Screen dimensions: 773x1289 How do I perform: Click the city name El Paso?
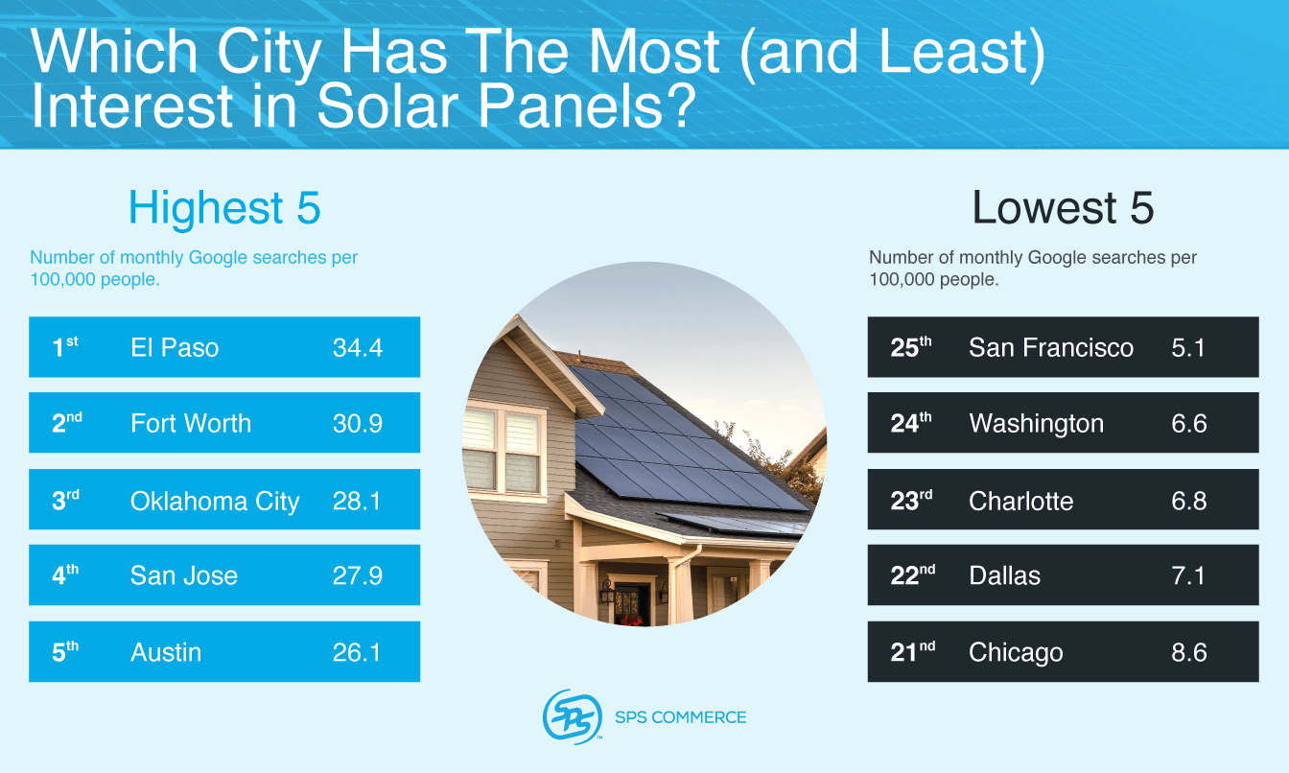(x=175, y=347)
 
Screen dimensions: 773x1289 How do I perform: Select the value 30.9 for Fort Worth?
(x=357, y=423)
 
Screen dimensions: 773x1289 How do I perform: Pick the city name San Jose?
(x=184, y=575)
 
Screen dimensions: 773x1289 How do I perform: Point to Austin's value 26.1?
(x=357, y=652)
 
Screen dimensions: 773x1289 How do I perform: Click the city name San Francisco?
(x=1051, y=347)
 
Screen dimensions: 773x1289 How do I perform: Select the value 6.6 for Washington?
(x=1188, y=423)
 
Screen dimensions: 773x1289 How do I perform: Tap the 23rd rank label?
(x=910, y=500)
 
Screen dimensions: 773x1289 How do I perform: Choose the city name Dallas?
(x=1004, y=575)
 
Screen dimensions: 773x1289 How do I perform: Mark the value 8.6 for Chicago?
(x=1188, y=652)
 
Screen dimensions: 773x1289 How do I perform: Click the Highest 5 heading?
(x=224, y=208)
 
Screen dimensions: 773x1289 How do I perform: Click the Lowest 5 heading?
(x=1063, y=208)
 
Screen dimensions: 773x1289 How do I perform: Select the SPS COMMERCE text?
(x=680, y=717)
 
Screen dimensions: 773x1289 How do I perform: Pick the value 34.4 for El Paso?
(x=357, y=347)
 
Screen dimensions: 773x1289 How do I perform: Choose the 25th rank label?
(x=910, y=347)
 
